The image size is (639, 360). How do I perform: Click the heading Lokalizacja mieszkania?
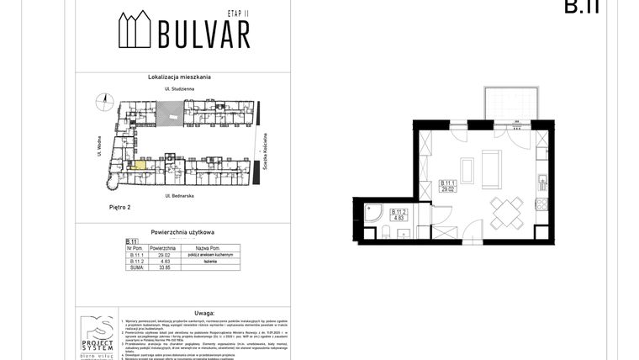(180, 77)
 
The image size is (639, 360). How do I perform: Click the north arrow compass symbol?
(103, 103)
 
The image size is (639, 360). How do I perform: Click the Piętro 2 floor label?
(102, 205)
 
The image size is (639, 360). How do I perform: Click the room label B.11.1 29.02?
(447, 186)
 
